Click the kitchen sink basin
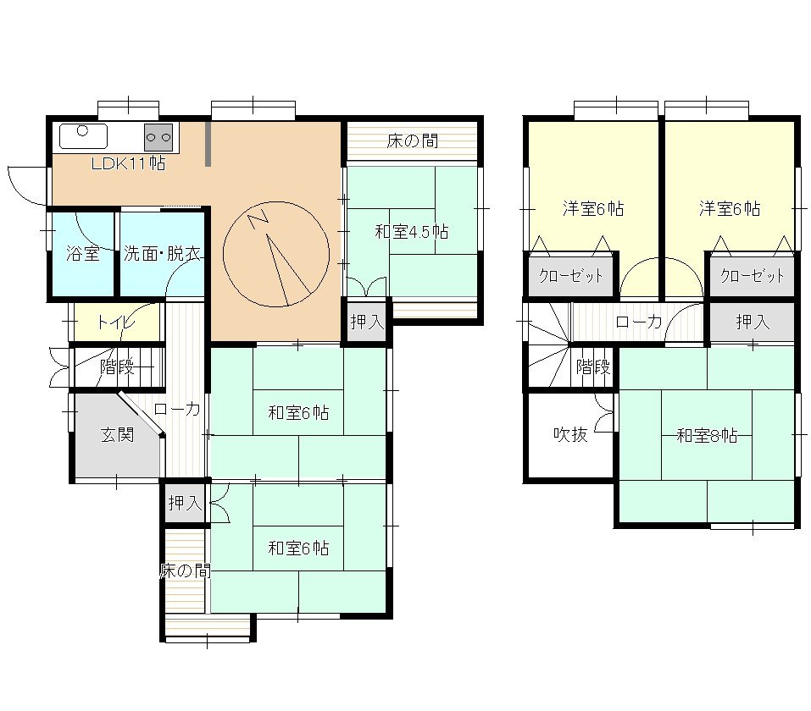83,136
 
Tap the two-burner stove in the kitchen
158,137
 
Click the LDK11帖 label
128,163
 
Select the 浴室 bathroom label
83,253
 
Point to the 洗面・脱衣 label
162,253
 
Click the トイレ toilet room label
116,322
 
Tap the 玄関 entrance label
118,434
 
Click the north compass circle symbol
276,254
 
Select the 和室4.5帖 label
412,231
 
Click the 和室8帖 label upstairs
707,435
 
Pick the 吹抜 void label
570,434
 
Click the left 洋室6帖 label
593,208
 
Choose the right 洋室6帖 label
730,208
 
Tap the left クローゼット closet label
571,275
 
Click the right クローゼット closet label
753,275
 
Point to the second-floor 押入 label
753,322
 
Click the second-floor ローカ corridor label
639,322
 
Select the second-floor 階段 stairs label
593,367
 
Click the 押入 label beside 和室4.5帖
367,322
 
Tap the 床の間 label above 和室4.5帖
412,141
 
